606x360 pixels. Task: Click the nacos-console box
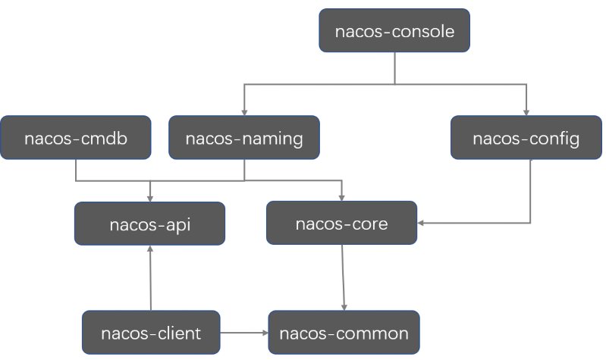[x=394, y=31]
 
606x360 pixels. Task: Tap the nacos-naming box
[x=243, y=138]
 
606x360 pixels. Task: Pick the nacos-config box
[x=526, y=138]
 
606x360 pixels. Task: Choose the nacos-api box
[x=149, y=224]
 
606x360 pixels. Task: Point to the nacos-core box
[x=341, y=223]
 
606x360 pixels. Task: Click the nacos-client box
[x=151, y=333]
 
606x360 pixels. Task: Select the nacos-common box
[x=344, y=333]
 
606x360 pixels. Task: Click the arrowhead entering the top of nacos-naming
[x=243, y=111]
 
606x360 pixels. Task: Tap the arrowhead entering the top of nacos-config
[x=526, y=111]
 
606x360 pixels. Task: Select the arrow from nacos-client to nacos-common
[x=243, y=333]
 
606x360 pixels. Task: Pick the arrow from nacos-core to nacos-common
[x=344, y=277]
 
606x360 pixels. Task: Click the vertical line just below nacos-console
[x=394, y=68]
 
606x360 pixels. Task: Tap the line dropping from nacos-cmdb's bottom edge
[x=75, y=171]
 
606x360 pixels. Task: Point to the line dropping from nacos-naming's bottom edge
[x=243, y=171]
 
